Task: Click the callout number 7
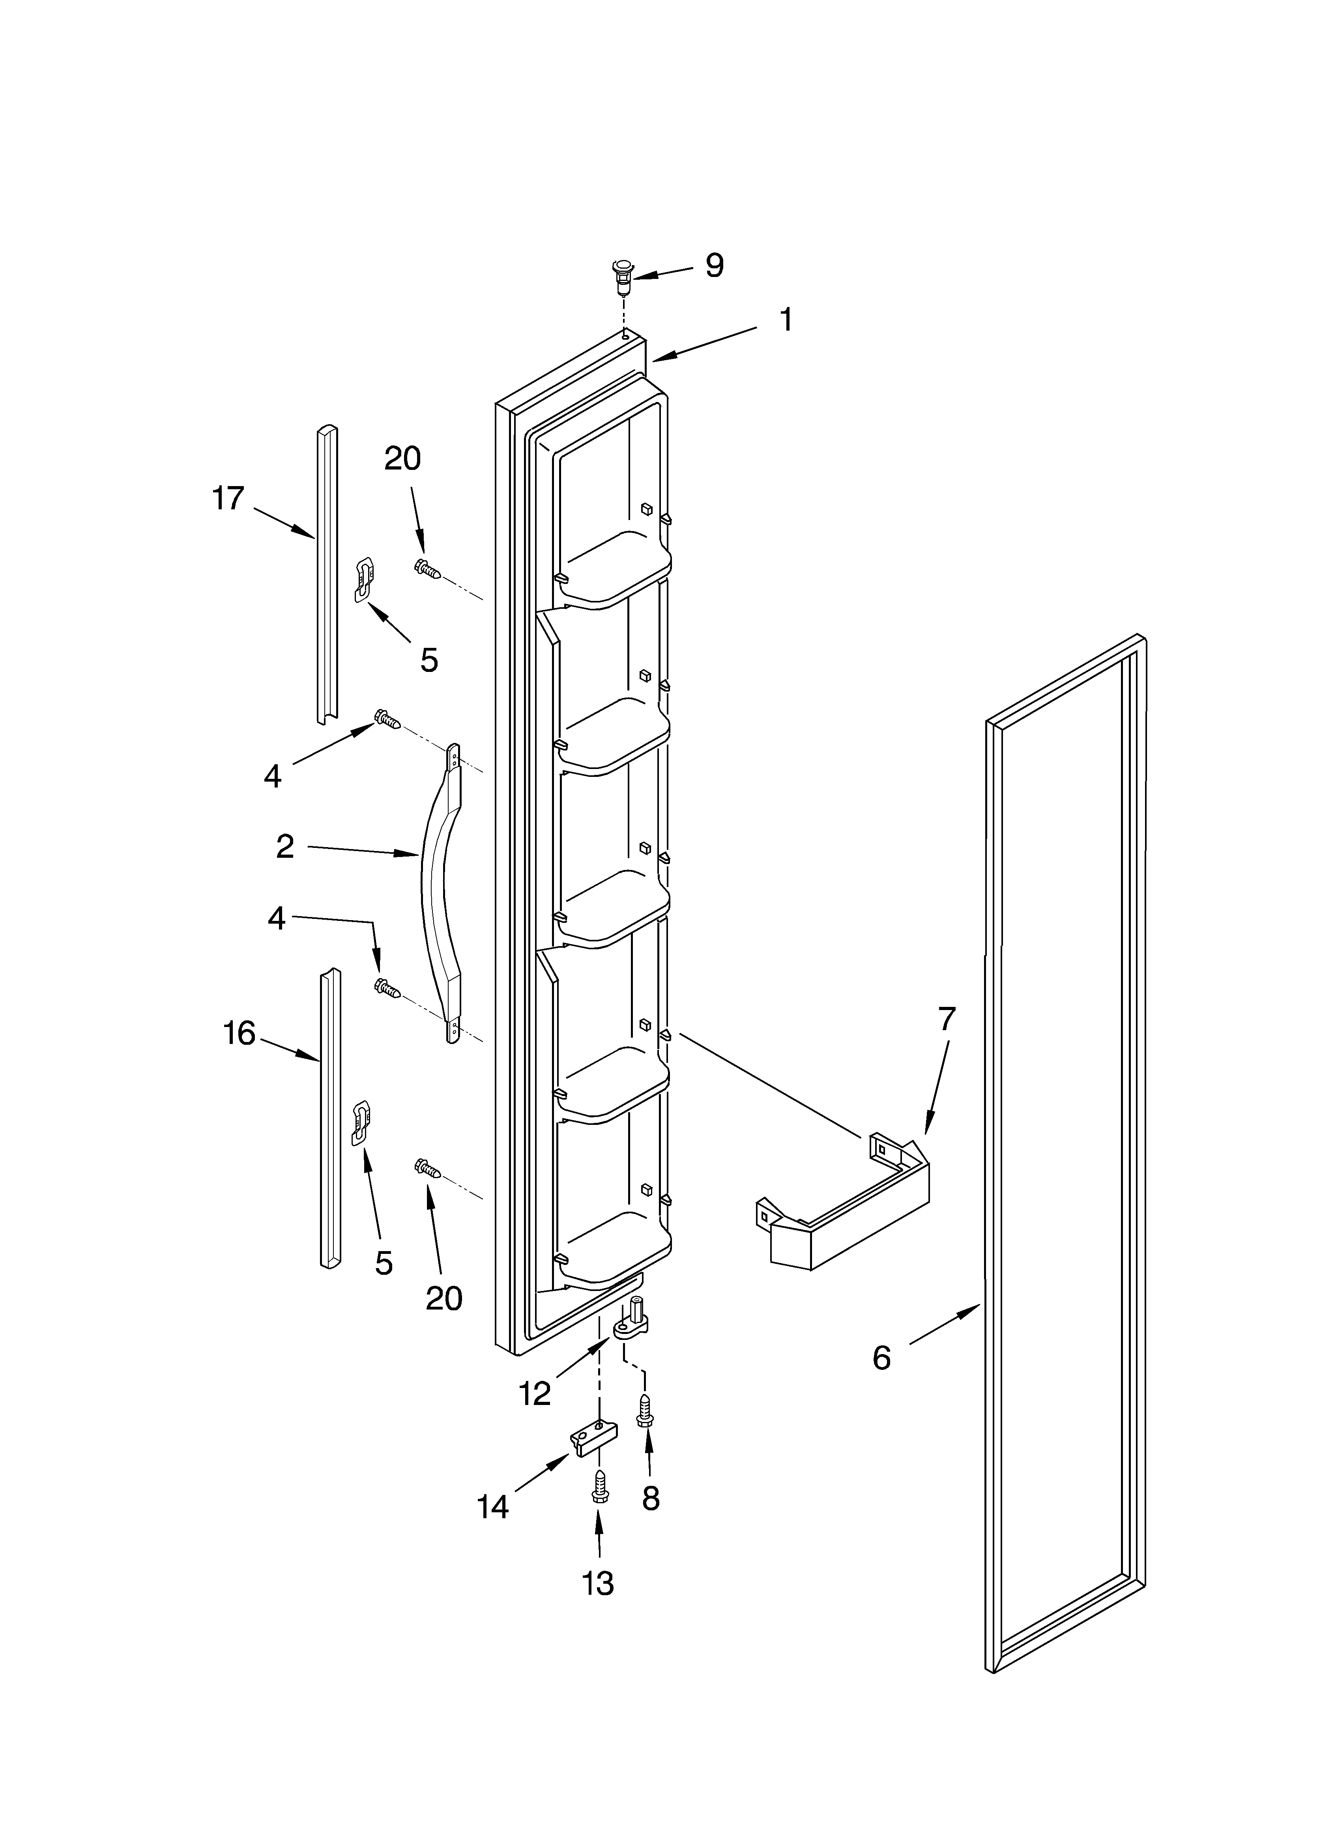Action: coord(947,1019)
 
